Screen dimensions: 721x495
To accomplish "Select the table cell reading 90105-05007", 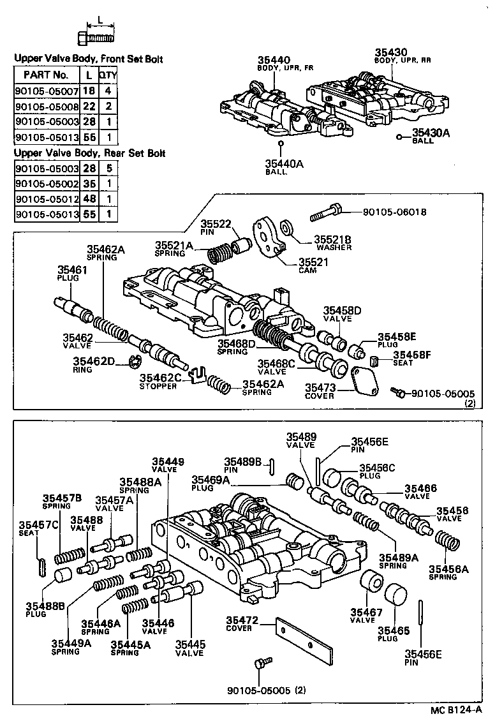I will [47, 91].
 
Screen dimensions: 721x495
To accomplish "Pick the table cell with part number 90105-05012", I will [47, 198].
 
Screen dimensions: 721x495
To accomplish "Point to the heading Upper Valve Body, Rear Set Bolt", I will [90, 153].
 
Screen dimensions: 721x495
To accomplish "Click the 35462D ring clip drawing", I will [134, 364].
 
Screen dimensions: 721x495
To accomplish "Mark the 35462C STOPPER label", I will [162, 382].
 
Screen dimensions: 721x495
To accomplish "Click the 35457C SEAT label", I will [31, 528].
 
